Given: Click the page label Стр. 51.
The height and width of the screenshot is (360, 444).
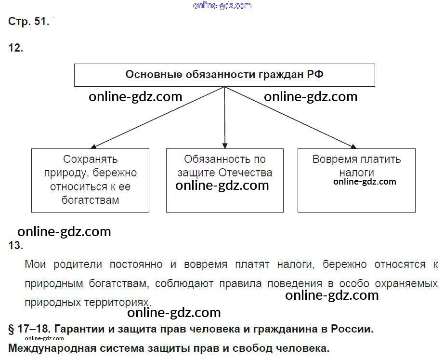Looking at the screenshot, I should click(28, 22).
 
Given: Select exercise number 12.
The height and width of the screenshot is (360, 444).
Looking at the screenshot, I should click(16, 48).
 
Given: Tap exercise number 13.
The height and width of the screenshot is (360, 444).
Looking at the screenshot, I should click(16, 245).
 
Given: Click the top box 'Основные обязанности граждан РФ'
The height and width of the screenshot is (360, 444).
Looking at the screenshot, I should click(224, 75).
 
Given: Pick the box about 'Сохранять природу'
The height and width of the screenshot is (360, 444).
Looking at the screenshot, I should click(90, 180).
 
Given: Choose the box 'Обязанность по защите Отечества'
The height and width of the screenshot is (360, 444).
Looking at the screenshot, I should click(224, 180).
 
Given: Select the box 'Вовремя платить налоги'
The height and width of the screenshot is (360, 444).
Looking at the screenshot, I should click(356, 180).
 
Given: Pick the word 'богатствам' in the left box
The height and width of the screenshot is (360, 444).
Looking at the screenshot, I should click(90, 200).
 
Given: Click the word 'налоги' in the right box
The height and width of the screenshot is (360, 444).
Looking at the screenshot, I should click(356, 173).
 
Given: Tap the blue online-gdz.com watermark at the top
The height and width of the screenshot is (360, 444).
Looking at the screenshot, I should click(222, 5).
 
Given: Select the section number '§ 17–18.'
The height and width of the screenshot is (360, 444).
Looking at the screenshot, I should click(29, 330).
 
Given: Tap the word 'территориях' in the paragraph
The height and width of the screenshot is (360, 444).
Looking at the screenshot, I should click(118, 302).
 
